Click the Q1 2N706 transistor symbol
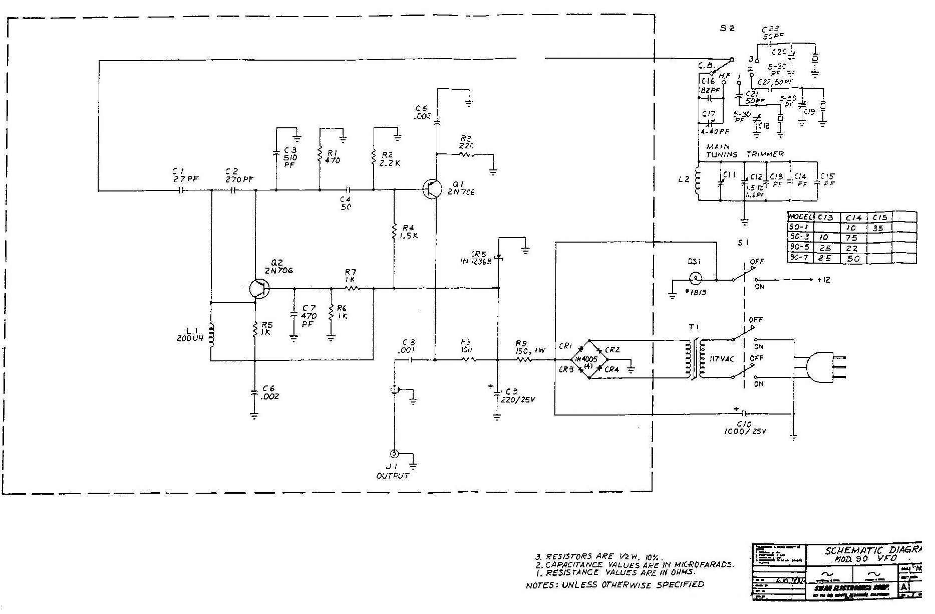[431, 189]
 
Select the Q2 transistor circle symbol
[259, 288]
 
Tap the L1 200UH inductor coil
[211, 334]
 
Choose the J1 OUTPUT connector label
[393, 471]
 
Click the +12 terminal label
[823, 280]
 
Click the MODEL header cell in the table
[800, 217]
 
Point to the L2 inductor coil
[697, 180]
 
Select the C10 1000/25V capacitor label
[745, 428]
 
